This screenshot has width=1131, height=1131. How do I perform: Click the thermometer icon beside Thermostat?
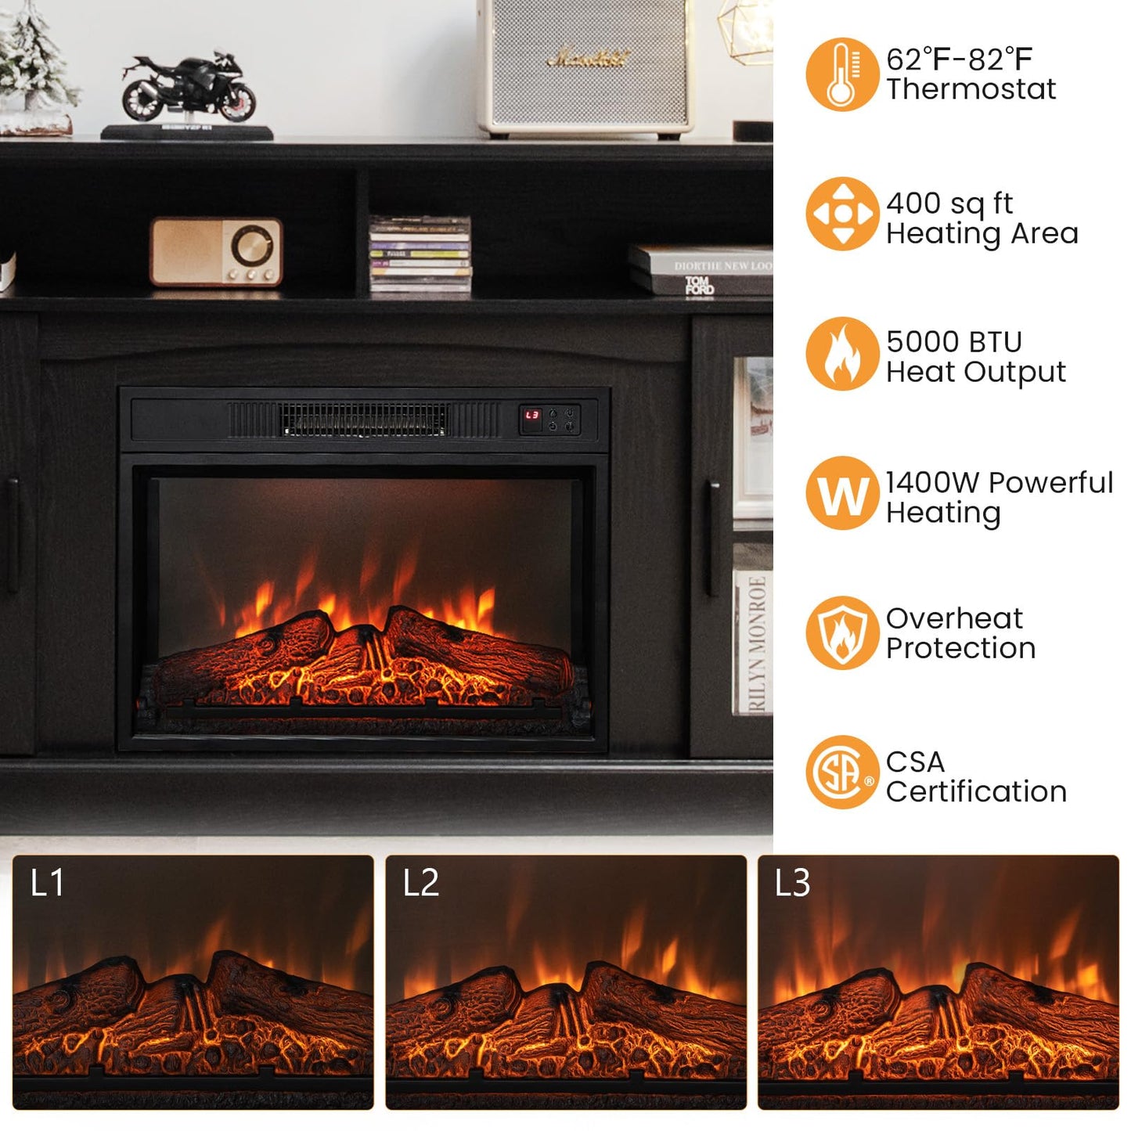(841, 74)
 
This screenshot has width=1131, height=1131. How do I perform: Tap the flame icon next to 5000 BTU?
(841, 354)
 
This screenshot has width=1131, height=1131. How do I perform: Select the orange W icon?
(841, 494)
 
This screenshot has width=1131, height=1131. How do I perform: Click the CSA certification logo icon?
(841, 773)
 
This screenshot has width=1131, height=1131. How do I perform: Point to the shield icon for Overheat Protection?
(841, 633)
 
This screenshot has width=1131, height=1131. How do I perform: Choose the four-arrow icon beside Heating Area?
(841, 214)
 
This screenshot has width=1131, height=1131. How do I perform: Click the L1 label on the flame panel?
(47, 883)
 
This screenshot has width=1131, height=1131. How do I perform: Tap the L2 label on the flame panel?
(420, 883)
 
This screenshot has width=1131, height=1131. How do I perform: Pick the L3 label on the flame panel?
(792, 883)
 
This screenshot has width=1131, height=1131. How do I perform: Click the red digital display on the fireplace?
(532, 416)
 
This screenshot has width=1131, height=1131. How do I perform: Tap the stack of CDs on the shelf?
(420, 254)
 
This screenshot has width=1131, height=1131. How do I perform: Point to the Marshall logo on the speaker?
(588, 58)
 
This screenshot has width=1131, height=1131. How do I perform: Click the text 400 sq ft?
(949, 204)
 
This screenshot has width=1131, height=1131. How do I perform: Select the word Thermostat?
(971, 89)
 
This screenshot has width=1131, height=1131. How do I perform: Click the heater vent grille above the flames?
(364, 420)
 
